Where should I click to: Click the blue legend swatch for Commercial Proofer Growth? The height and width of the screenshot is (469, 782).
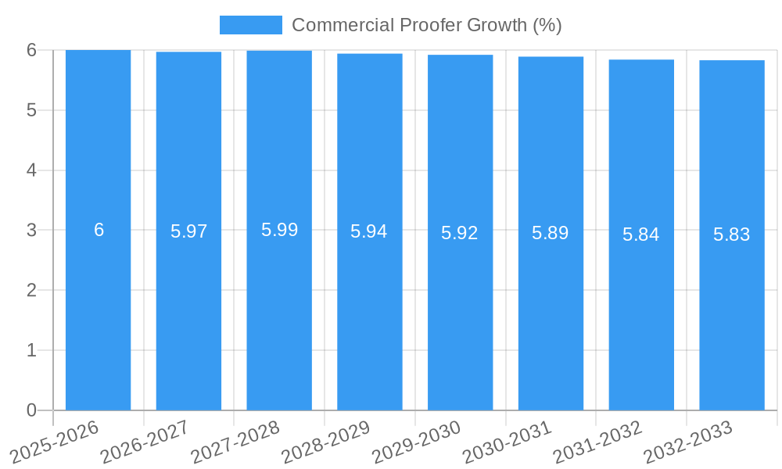click(x=250, y=25)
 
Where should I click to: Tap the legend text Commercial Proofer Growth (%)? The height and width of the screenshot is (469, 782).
click(x=426, y=25)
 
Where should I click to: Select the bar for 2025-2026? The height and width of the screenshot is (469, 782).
click(x=98, y=313)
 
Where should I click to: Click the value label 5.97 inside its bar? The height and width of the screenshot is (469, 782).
click(x=188, y=231)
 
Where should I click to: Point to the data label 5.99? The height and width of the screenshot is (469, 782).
click(x=279, y=230)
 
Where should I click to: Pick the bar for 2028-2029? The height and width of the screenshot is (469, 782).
click(x=370, y=313)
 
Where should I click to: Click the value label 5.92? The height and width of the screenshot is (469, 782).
click(x=460, y=233)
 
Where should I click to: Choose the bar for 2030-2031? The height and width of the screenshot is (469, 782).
click(x=551, y=313)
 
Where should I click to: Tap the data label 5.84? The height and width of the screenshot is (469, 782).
click(x=641, y=234)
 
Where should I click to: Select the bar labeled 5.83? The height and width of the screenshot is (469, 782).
click(x=732, y=313)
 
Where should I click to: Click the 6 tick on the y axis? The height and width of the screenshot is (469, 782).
click(x=31, y=50)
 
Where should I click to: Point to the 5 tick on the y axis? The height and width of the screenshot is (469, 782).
click(x=31, y=110)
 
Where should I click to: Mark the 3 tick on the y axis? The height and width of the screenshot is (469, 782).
click(x=31, y=231)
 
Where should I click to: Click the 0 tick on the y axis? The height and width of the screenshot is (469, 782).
click(x=31, y=410)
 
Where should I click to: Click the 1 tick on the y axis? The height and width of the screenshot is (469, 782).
click(x=31, y=350)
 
